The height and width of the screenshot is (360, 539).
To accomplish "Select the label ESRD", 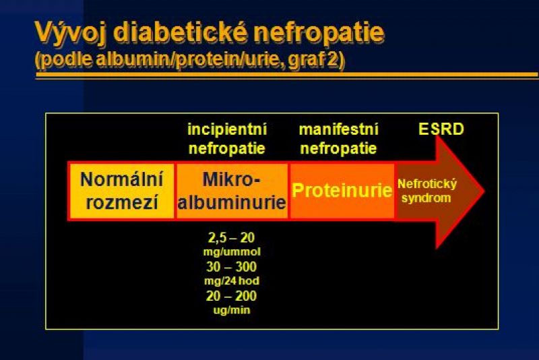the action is pos(441,129).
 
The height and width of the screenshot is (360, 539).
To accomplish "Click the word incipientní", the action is pos(227,130).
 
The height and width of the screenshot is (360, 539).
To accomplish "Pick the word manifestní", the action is pos(339,129).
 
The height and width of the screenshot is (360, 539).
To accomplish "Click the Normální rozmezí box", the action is pos(121,191).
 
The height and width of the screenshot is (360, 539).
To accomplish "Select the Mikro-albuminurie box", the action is pos(232,191).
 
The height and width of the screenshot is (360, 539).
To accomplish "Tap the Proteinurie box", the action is pos(342,191).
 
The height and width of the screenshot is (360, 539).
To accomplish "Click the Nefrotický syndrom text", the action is pos(427,191).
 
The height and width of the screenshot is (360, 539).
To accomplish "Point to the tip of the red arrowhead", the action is pos(484,191).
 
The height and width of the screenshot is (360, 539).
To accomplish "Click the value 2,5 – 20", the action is pos(231,237).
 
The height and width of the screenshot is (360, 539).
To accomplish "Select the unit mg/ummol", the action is pos(232,252).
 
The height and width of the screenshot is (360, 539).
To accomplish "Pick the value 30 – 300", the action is pos(231,267).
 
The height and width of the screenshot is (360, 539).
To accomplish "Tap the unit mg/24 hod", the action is pos(232,281).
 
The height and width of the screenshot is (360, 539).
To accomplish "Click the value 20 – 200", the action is pos(231,296).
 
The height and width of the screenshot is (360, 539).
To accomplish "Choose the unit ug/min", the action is pos(232,311).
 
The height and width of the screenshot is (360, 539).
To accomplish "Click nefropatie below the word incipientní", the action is pos(227,149).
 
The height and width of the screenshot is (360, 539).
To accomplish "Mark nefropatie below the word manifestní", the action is pos(339,149).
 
